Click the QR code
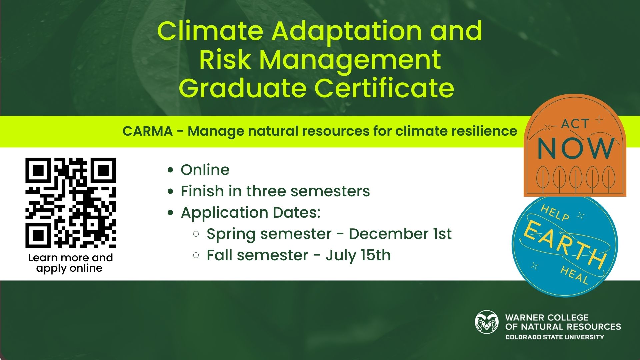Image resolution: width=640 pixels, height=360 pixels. point(71,203)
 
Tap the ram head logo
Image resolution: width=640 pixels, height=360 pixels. point(487,322)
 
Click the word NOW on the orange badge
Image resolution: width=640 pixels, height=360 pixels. point(576,148)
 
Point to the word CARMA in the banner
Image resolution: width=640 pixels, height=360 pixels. point(147,131)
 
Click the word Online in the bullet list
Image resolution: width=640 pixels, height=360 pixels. point(205,170)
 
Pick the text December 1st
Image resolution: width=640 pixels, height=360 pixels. point(400,234)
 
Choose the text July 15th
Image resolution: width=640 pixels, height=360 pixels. point(358,256)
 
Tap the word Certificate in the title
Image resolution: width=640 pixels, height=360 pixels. point(384,88)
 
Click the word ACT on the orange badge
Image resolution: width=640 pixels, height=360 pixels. point(575,124)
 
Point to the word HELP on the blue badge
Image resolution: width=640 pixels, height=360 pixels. point(555,213)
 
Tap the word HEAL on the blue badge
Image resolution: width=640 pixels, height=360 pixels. point(574,275)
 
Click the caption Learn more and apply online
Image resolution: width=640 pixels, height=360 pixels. point(70,263)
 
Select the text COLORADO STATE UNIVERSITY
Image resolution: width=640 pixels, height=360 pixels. point(555,337)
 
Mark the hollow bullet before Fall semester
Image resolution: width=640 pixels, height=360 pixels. point(196,256)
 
